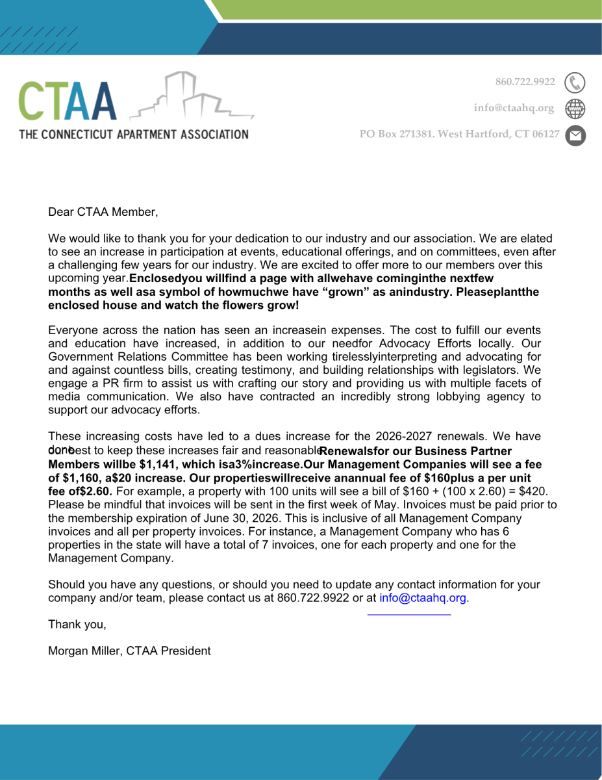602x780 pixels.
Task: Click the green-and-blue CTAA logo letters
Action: coord(68,101)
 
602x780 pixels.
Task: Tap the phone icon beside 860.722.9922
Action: coord(575,83)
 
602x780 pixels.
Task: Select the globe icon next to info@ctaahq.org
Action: coord(575,108)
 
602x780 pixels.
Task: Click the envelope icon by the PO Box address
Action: coord(575,135)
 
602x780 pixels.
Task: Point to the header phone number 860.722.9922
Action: coord(525,82)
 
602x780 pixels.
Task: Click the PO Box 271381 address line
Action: coord(459,134)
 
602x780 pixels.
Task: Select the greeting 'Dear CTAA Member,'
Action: coord(103,212)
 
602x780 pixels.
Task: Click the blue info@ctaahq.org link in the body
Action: coord(422,598)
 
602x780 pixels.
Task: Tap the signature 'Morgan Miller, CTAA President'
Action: coord(129,651)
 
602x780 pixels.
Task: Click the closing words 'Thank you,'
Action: coord(77,625)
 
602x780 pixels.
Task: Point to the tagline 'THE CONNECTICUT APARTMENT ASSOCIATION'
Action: coord(133,135)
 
